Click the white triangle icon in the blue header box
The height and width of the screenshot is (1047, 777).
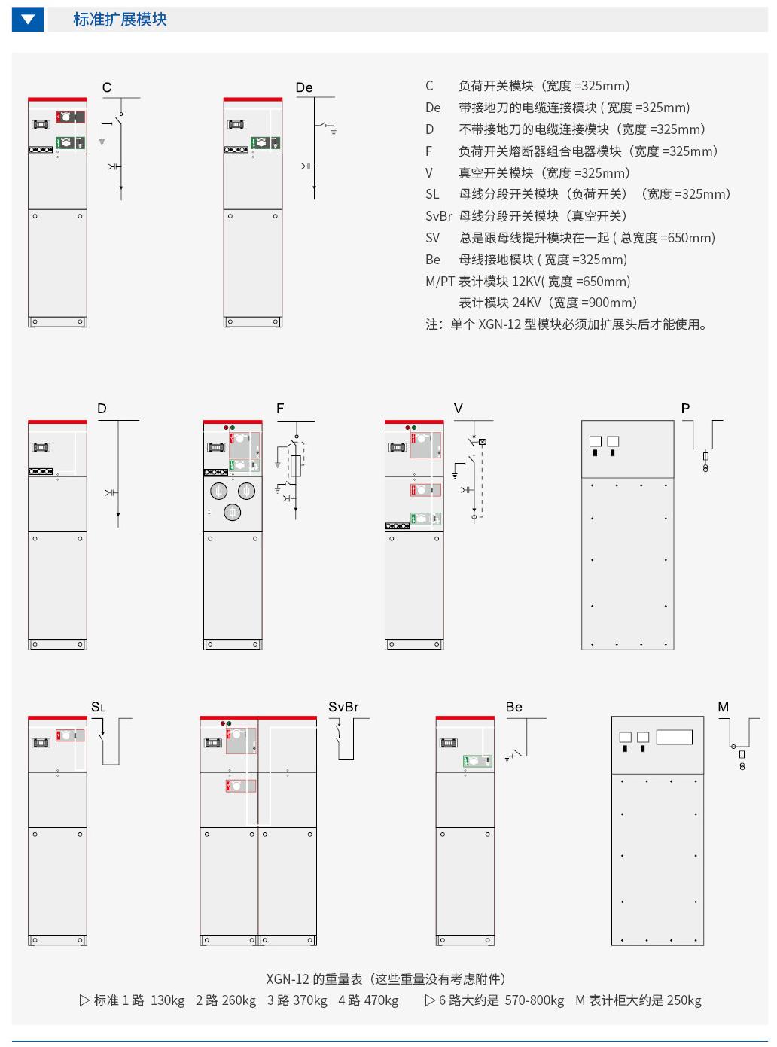pos(28,20)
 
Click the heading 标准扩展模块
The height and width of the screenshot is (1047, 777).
pos(120,20)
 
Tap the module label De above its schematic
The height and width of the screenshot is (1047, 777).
pos(303,87)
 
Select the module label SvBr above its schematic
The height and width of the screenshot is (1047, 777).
pos(343,707)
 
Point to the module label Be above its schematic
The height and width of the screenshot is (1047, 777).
pos(514,707)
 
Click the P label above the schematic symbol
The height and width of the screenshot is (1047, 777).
pos(685,408)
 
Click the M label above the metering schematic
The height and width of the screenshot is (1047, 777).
pos(723,707)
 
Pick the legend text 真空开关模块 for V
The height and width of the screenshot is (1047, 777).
pos(496,173)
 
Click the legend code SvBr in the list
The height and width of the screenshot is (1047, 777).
pos(439,216)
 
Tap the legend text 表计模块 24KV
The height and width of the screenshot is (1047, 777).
pos(500,302)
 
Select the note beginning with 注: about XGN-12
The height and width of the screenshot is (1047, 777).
pos(566,324)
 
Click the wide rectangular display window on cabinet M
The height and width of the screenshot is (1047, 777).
pos(674,737)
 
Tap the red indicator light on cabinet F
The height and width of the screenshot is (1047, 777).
pos(227,428)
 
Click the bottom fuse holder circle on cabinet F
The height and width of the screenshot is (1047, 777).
pos(232,512)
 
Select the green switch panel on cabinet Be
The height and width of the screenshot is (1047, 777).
pos(477,760)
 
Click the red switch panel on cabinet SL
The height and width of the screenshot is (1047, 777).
pos(70,735)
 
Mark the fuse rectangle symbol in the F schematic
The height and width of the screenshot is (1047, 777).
pos(296,466)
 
